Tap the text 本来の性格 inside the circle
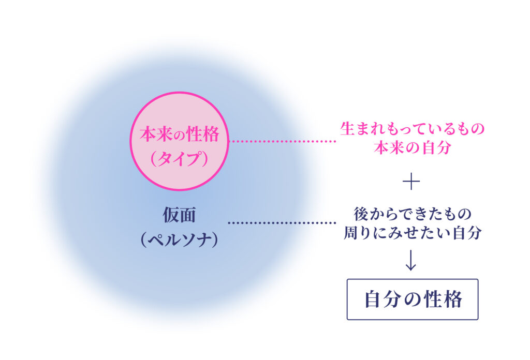(x=180, y=134)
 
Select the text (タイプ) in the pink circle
(x=180, y=159)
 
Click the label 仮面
(x=180, y=215)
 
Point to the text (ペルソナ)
(x=180, y=239)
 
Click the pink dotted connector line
(x=283, y=141)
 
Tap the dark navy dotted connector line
(x=283, y=223)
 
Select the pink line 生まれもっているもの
(x=413, y=129)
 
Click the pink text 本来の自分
(x=413, y=147)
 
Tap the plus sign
(x=411, y=182)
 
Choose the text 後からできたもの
(x=413, y=214)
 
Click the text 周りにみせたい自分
(x=413, y=233)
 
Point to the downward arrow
(x=411, y=260)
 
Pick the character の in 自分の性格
(x=413, y=299)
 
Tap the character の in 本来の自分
(x=413, y=148)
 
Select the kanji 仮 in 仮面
(x=171, y=215)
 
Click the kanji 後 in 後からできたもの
(x=361, y=214)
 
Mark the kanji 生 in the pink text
(x=347, y=129)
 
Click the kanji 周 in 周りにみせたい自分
(x=351, y=233)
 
